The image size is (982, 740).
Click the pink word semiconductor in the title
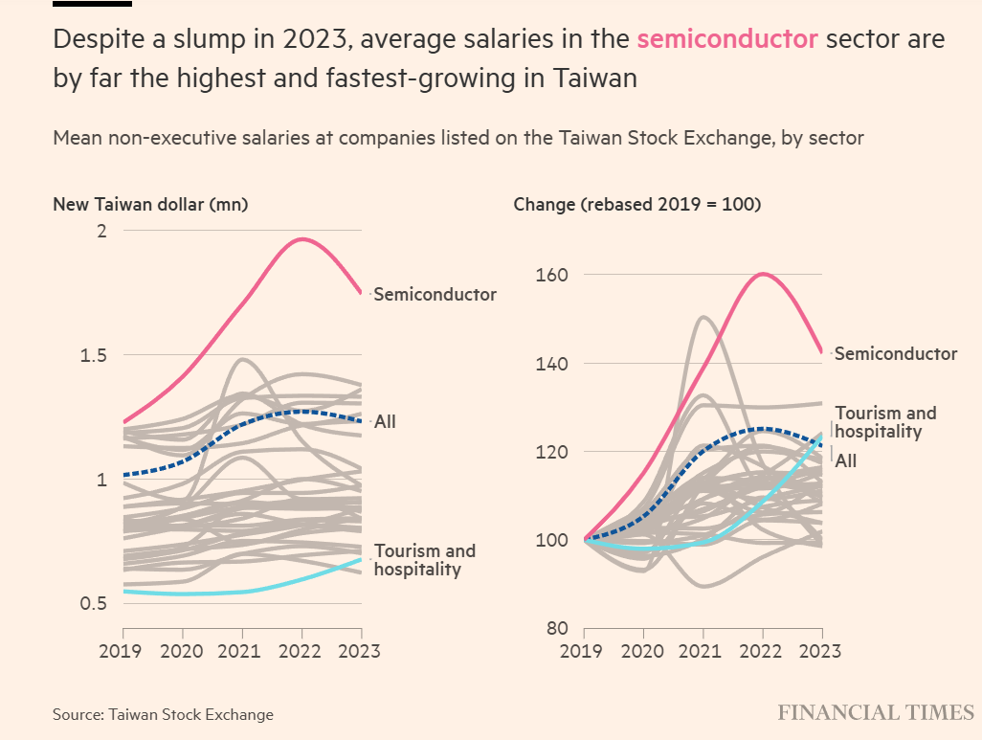727,39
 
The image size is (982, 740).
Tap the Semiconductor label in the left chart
435,294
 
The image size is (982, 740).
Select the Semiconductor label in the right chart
895,353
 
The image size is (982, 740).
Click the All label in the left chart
385,421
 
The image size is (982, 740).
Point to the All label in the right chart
846,461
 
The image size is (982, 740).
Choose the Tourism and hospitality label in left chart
424,560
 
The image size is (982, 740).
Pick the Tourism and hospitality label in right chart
885,422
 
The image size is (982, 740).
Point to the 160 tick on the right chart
556,275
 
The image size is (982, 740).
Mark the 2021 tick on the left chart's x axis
242,651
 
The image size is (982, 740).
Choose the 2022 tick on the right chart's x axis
763,651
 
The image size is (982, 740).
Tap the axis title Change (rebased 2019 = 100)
636,204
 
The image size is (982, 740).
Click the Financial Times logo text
875,713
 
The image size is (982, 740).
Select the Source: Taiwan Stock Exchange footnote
163,714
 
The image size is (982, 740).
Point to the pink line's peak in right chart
763,274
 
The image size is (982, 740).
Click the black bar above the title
92,4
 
